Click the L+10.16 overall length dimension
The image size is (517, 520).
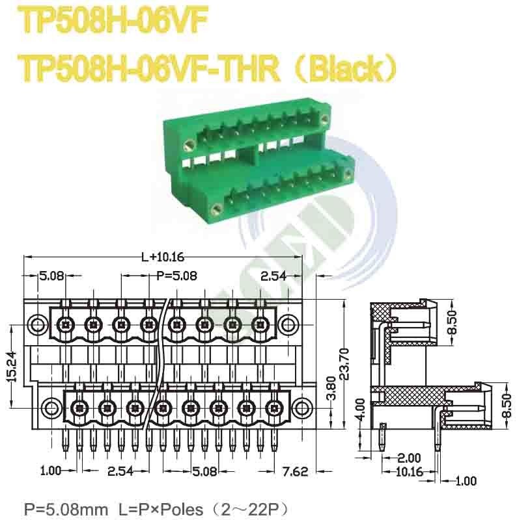coord(162,257)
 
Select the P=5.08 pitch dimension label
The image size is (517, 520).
coord(177,276)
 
